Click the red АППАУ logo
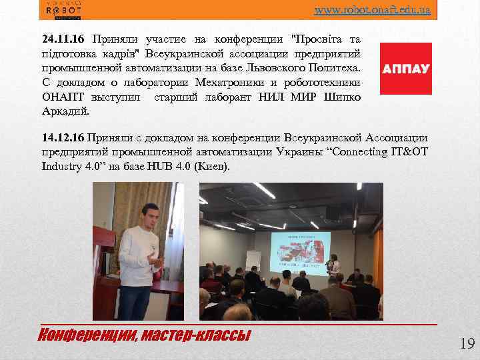pyautogui.click(x=405, y=69)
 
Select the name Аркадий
pyautogui.click(x=65, y=110)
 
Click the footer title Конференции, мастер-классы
pyautogui.click(x=145, y=333)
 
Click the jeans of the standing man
pyautogui.click(x=137, y=299)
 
